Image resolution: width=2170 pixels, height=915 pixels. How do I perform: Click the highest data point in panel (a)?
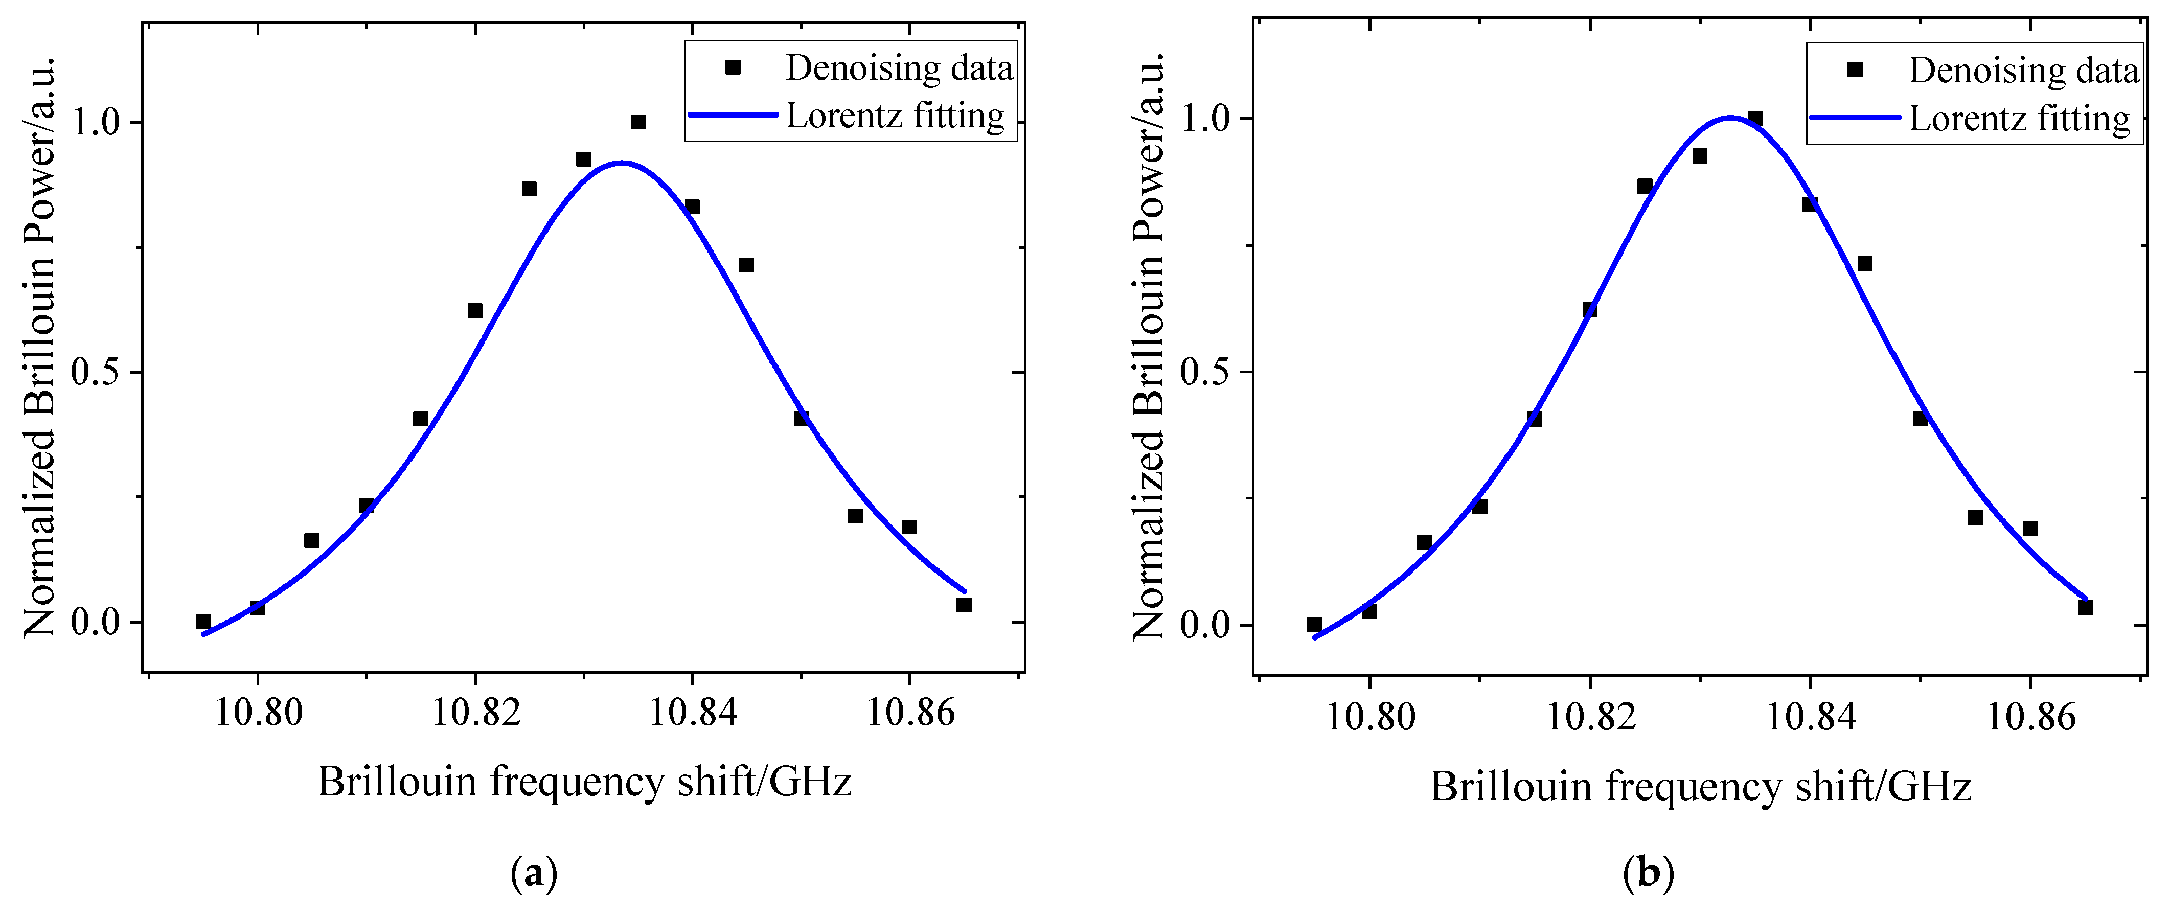coord(637,122)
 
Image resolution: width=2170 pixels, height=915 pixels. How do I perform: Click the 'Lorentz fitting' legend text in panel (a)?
coord(895,116)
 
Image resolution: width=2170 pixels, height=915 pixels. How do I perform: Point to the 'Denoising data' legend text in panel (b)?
coord(2023,70)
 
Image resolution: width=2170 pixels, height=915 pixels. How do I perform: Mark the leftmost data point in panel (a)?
coord(203,622)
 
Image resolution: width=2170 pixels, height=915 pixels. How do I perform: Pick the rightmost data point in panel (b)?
coord(2085,607)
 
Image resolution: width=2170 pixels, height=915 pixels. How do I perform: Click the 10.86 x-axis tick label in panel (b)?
coord(2030,717)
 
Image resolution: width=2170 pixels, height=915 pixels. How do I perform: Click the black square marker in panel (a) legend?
coord(733,67)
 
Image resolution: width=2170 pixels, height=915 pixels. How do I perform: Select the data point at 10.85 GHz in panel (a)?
coord(801,418)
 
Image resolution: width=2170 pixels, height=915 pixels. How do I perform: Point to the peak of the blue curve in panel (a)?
coord(622,163)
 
